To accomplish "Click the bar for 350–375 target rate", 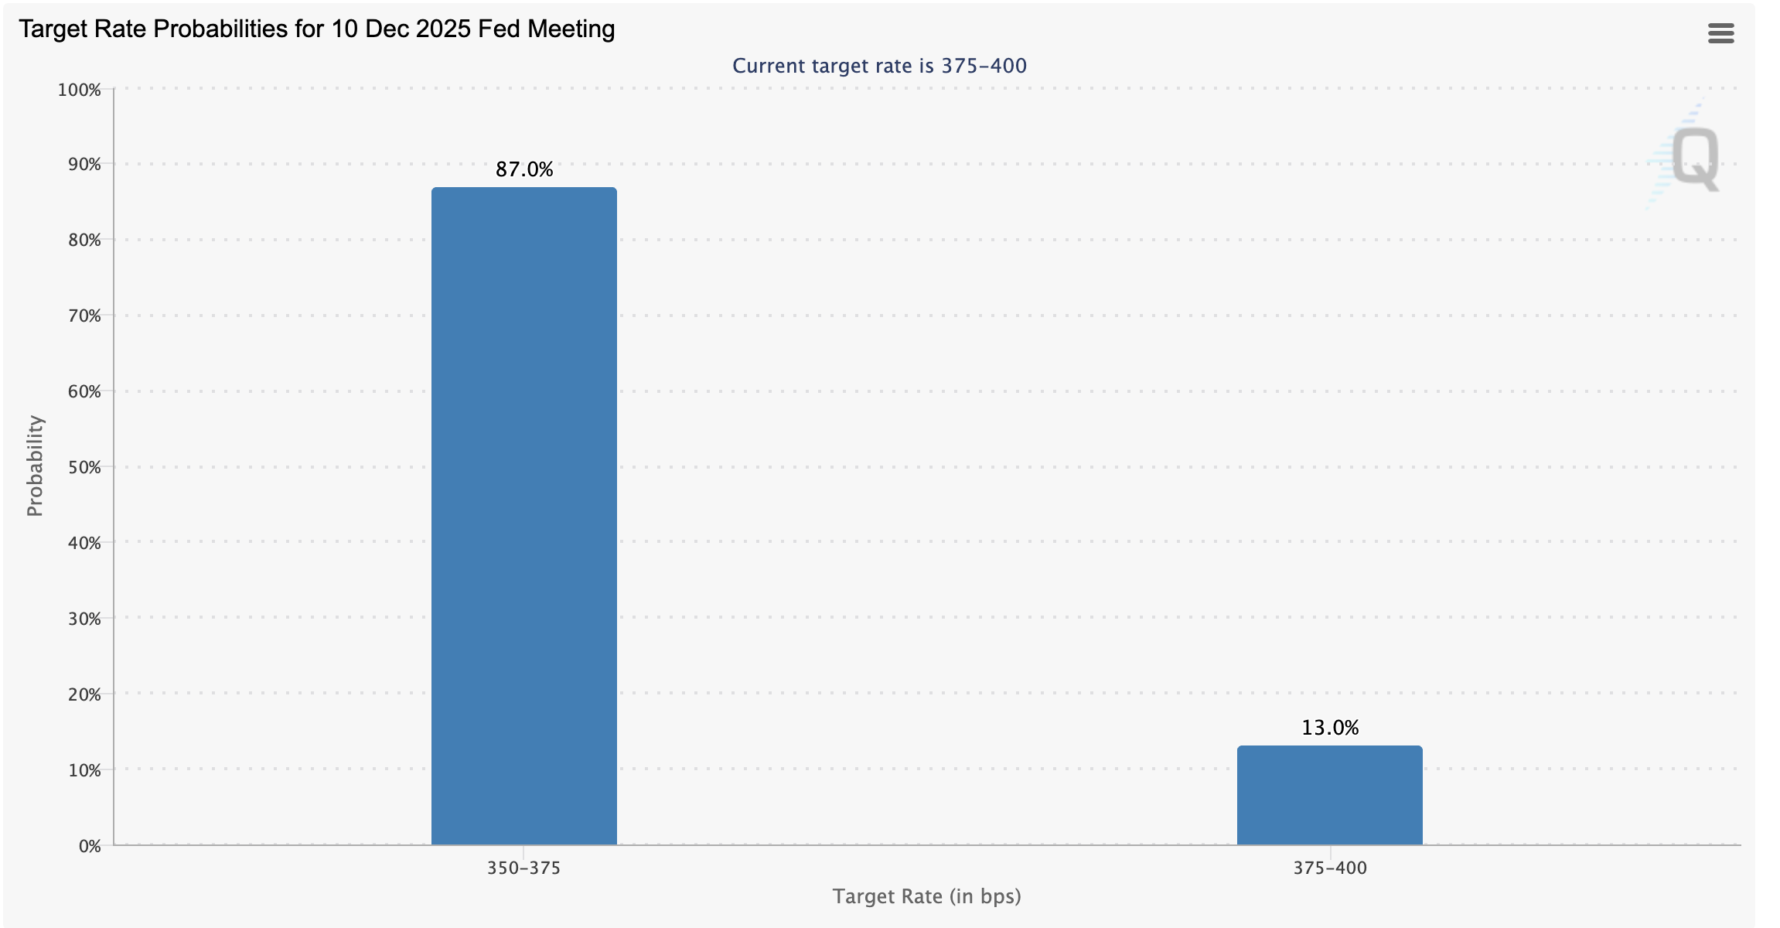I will [523, 516].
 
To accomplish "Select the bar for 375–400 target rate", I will [1329, 795].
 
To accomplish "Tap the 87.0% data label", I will [524, 169].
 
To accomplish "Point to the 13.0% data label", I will [1330, 728].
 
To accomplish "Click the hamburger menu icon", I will [1720, 33].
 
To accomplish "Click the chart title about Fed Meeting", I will [316, 29].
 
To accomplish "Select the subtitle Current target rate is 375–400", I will [879, 66].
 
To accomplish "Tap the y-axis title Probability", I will [35, 466].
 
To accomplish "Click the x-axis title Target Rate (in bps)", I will [926, 896].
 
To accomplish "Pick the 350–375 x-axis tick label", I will [523, 868].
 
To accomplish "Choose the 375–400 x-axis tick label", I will [1330, 868].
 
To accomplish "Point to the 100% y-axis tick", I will [80, 90].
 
